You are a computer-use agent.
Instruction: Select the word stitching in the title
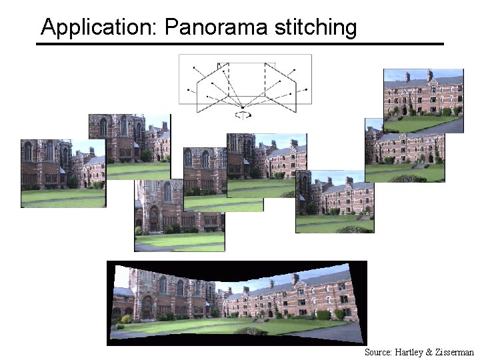pos(325,27)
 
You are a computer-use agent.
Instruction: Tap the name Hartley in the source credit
pos(408,352)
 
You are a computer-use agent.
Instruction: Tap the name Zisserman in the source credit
pos(453,352)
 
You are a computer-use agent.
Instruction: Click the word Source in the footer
pos(377,352)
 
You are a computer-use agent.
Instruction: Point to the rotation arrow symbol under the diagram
pos(244,115)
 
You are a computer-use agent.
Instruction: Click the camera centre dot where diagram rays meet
pos(243,107)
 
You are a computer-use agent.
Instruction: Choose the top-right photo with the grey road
pos(423,100)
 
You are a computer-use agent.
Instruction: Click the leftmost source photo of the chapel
pos(63,173)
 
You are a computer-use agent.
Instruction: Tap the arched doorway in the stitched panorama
pos(147,307)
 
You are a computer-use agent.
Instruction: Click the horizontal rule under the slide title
pos(240,44)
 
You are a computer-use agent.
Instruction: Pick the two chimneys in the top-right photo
pos(419,75)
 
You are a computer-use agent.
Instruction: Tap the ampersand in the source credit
pos(427,352)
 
